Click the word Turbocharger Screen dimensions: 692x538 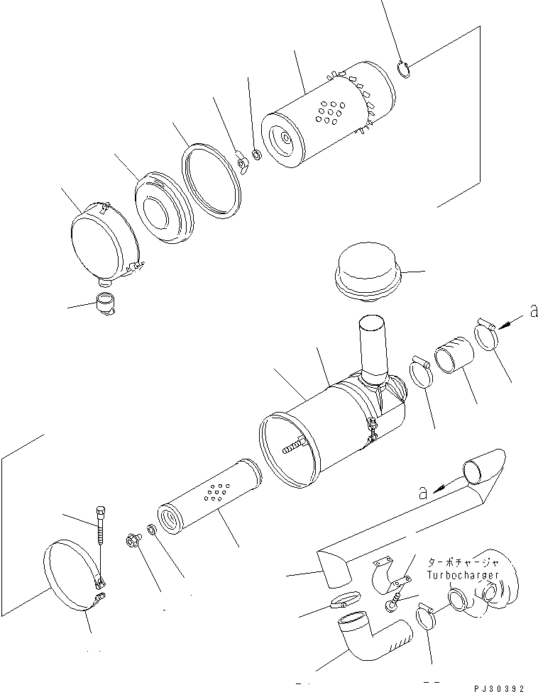point(463,575)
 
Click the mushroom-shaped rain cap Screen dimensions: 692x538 point(368,269)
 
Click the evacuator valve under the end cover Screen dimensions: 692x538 point(104,304)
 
